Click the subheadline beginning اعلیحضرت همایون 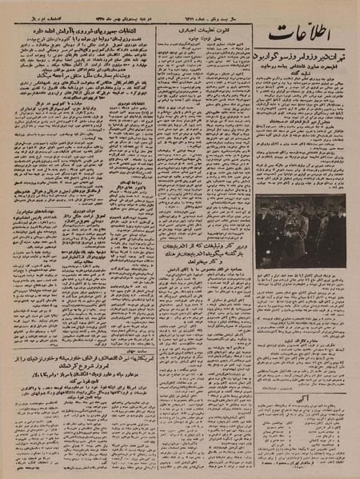(300, 74)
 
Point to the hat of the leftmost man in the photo (265, 206)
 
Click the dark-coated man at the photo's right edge (339, 228)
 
